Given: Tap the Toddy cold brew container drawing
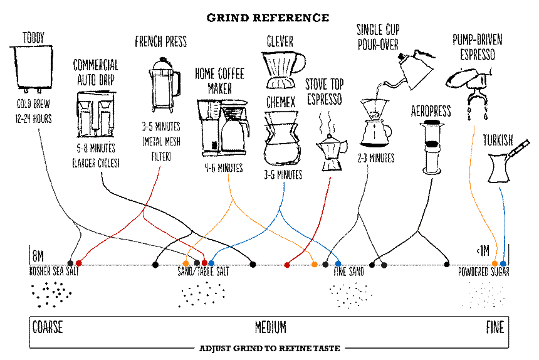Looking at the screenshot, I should pyautogui.click(x=31, y=66).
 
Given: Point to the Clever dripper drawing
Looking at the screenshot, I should pyautogui.click(x=282, y=68).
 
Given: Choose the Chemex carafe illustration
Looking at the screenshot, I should pyautogui.click(x=281, y=139).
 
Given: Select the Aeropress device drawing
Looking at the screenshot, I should pyautogui.click(x=431, y=146).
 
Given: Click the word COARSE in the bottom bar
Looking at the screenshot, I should pyautogui.click(x=48, y=327).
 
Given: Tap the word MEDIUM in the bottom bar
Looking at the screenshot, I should pyautogui.click(x=270, y=327).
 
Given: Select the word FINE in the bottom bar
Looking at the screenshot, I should pyautogui.click(x=495, y=327).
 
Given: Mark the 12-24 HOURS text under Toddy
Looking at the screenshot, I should pyautogui.click(x=34, y=119).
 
